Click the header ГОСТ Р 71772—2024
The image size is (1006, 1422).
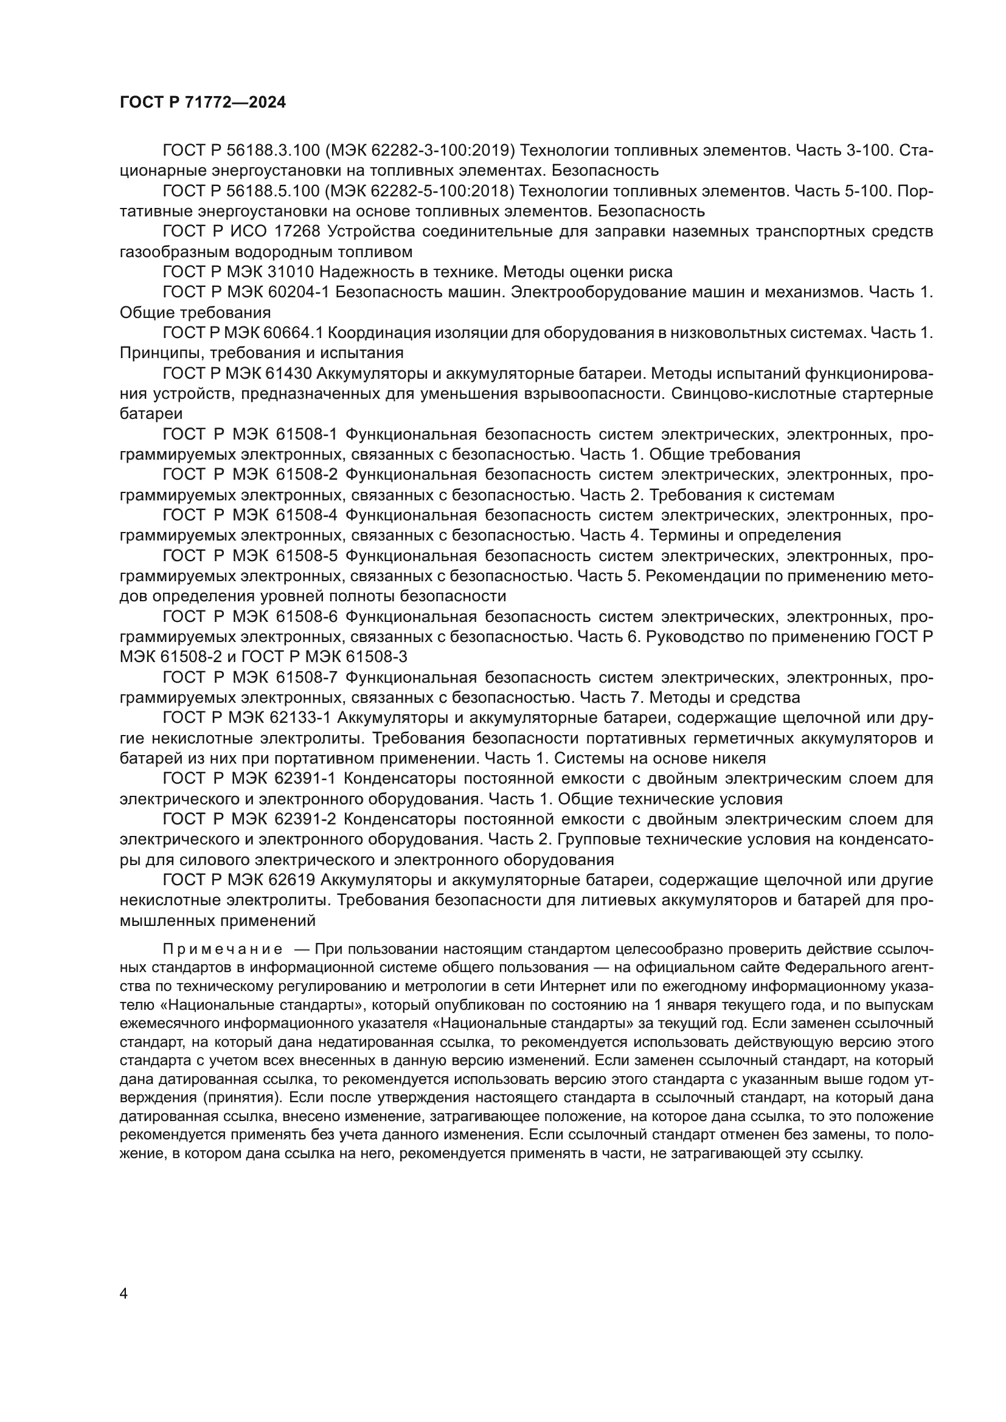coord(203,103)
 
